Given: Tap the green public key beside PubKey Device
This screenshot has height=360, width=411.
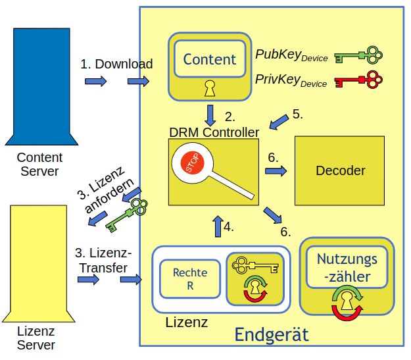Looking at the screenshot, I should (358, 55).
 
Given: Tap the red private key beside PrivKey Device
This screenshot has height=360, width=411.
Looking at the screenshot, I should (358, 80).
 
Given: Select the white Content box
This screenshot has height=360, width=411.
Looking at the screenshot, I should (209, 60).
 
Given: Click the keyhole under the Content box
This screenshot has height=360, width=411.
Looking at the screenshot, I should (209, 87).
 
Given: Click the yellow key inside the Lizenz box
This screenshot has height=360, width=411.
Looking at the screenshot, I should (254, 266).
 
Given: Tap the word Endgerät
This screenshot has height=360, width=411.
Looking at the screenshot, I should (271, 335).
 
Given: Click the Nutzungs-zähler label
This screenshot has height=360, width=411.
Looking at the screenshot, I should (347, 267).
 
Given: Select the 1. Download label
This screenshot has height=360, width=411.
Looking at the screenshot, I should (116, 64).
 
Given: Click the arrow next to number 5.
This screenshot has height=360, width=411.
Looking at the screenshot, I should (279, 122).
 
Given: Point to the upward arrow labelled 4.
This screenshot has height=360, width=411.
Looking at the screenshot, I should (216, 226).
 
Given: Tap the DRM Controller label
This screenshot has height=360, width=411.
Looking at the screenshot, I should (214, 132).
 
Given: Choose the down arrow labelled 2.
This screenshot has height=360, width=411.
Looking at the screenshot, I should (210, 115).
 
